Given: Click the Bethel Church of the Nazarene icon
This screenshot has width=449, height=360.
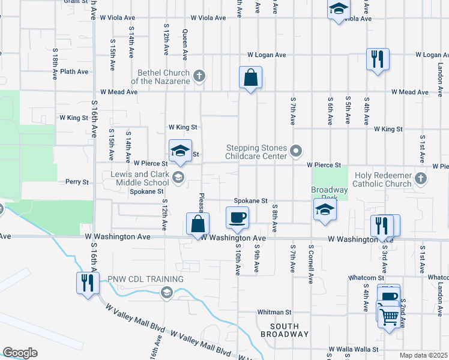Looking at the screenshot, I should (200, 75).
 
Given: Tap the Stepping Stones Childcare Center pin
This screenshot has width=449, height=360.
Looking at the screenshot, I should (295, 151).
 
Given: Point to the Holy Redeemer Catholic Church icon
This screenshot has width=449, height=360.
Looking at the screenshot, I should (421, 178).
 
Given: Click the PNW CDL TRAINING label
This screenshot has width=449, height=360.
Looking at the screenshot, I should (137, 280).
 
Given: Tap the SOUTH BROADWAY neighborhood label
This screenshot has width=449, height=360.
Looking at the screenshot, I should (285, 329).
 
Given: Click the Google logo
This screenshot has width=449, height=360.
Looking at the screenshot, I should (20, 353).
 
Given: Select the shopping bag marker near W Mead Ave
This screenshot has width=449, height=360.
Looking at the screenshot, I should (250, 78).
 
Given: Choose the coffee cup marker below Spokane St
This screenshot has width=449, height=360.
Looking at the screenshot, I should (237, 217).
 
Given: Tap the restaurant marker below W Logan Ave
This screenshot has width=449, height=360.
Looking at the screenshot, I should (378, 59).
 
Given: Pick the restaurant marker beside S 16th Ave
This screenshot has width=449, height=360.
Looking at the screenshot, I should (88, 283).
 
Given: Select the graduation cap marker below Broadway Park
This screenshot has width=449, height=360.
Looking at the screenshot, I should (325, 210).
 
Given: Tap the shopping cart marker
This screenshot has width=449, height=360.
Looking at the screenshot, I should (390, 316).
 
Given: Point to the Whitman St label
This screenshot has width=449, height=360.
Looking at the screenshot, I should (274, 312).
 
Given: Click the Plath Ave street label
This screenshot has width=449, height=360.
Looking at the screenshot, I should (74, 71).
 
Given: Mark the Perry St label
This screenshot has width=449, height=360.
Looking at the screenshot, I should (77, 182).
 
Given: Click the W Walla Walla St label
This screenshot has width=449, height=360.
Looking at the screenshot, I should (354, 349).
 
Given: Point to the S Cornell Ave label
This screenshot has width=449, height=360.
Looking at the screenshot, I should (311, 264).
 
